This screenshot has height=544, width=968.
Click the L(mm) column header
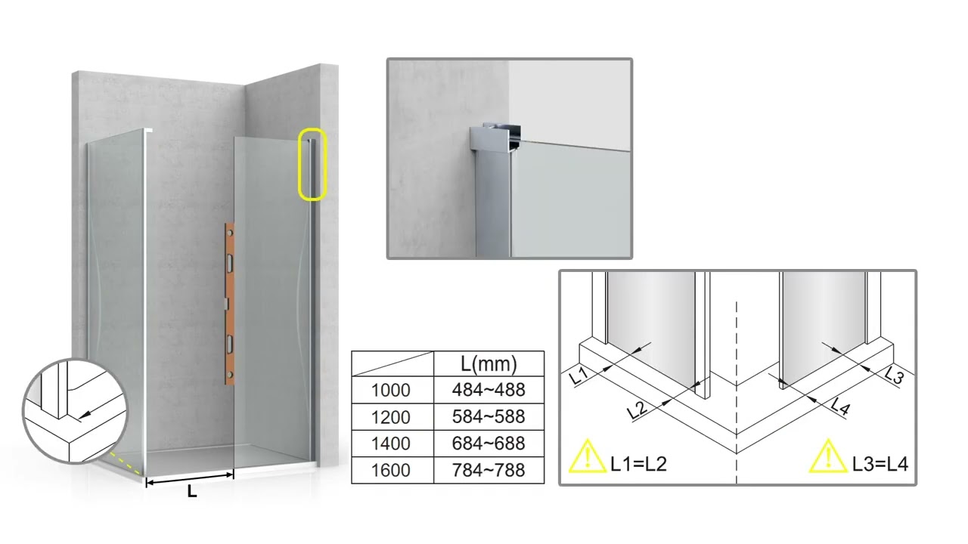click(x=489, y=364)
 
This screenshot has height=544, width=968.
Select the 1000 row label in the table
click(x=391, y=391)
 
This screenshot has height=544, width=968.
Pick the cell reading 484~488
click(x=489, y=390)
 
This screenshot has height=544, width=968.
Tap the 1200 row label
click(x=391, y=417)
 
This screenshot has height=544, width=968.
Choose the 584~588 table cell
click(x=489, y=416)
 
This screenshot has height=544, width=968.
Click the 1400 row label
click(x=391, y=444)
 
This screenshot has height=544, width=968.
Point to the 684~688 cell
click(x=489, y=444)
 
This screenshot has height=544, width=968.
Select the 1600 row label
click(x=391, y=471)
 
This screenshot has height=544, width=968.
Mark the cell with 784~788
click(x=489, y=470)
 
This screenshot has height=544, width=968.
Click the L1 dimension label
click(x=579, y=376)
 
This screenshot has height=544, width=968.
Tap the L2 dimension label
click(x=637, y=410)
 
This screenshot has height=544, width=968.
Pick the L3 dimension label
click(x=894, y=375)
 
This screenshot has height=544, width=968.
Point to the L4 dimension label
click(x=840, y=406)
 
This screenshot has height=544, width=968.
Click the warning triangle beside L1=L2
click(x=588, y=457)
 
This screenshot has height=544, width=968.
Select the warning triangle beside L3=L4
click(x=828, y=457)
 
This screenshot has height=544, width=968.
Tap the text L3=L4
click(x=880, y=464)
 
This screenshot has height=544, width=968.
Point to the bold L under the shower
click(x=192, y=491)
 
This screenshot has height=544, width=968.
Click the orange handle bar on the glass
click(x=229, y=304)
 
